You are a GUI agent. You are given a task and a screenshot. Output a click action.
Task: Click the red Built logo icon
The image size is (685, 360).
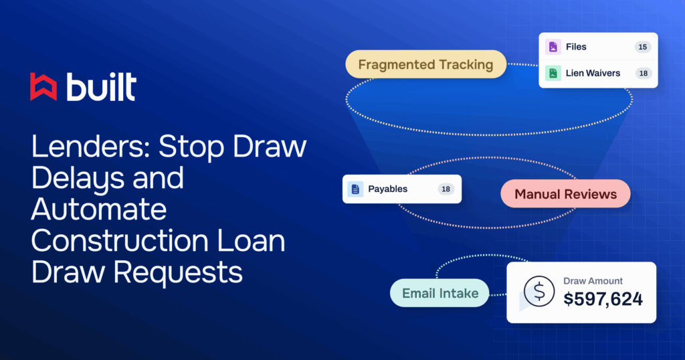[x=43, y=87]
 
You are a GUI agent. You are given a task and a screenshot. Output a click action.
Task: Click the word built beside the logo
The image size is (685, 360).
[x=102, y=87]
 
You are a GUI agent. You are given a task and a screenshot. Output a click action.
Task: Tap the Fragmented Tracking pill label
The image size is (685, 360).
[x=426, y=64]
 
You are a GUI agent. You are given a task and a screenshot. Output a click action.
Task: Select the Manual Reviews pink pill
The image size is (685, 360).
[x=565, y=193]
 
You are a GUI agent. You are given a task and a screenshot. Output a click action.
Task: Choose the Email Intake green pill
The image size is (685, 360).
[x=439, y=292]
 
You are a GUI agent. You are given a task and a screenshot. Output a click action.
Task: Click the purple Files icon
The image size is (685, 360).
[x=553, y=47]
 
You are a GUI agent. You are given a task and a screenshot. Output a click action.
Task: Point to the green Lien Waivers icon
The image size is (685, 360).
[x=553, y=73]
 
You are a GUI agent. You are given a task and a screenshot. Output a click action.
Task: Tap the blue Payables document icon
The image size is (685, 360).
[x=355, y=189]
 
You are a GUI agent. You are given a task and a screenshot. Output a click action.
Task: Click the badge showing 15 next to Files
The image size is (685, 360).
[x=643, y=47]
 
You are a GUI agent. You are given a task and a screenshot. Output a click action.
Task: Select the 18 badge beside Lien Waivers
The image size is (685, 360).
[x=644, y=73]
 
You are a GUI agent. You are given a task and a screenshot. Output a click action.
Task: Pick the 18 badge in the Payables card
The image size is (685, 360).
[x=446, y=189]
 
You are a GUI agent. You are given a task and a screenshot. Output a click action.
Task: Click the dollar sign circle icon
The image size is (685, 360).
[x=539, y=291]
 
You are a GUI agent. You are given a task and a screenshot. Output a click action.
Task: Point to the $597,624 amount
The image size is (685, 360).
[x=603, y=299]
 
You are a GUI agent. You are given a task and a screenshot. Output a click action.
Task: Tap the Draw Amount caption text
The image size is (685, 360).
[x=593, y=281]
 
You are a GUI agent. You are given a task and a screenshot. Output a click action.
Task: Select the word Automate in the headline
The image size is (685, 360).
[x=99, y=209]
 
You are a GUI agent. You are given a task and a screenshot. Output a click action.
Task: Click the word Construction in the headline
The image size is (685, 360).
[x=120, y=241]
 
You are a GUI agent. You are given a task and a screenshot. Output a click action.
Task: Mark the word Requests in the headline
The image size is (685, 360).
[x=178, y=272]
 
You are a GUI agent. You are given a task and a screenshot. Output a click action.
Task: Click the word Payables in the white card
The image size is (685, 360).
[x=387, y=189]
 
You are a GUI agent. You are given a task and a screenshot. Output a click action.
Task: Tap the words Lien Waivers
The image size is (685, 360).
[x=593, y=73]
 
